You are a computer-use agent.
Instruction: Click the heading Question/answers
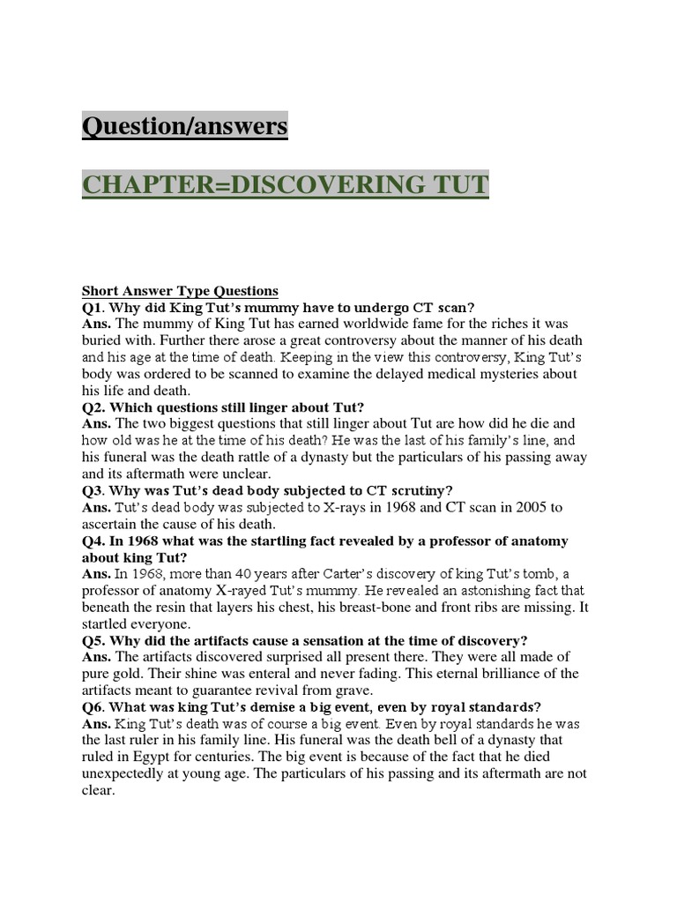(x=184, y=126)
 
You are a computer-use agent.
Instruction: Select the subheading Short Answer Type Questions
(x=180, y=290)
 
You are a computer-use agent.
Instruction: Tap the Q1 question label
(x=93, y=307)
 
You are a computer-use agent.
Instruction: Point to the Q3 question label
(x=93, y=490)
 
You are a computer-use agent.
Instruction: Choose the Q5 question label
(x=93, y=640)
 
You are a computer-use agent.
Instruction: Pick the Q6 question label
(x=93, y=706)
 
